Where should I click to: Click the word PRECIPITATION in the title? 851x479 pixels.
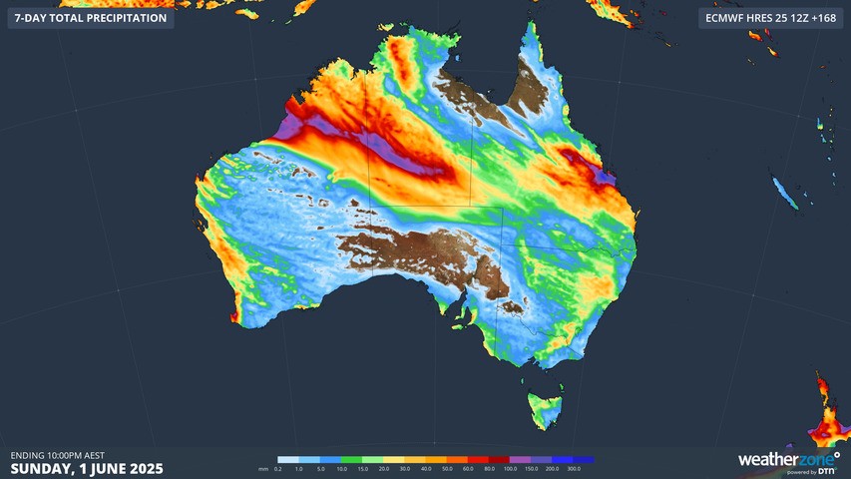coord(122,18)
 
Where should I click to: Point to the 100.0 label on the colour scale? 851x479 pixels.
coord(509,468)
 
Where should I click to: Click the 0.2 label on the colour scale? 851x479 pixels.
coord(277,468)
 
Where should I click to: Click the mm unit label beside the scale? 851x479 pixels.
coord(262,468)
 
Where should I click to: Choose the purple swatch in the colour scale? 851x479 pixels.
coord(520,460)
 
